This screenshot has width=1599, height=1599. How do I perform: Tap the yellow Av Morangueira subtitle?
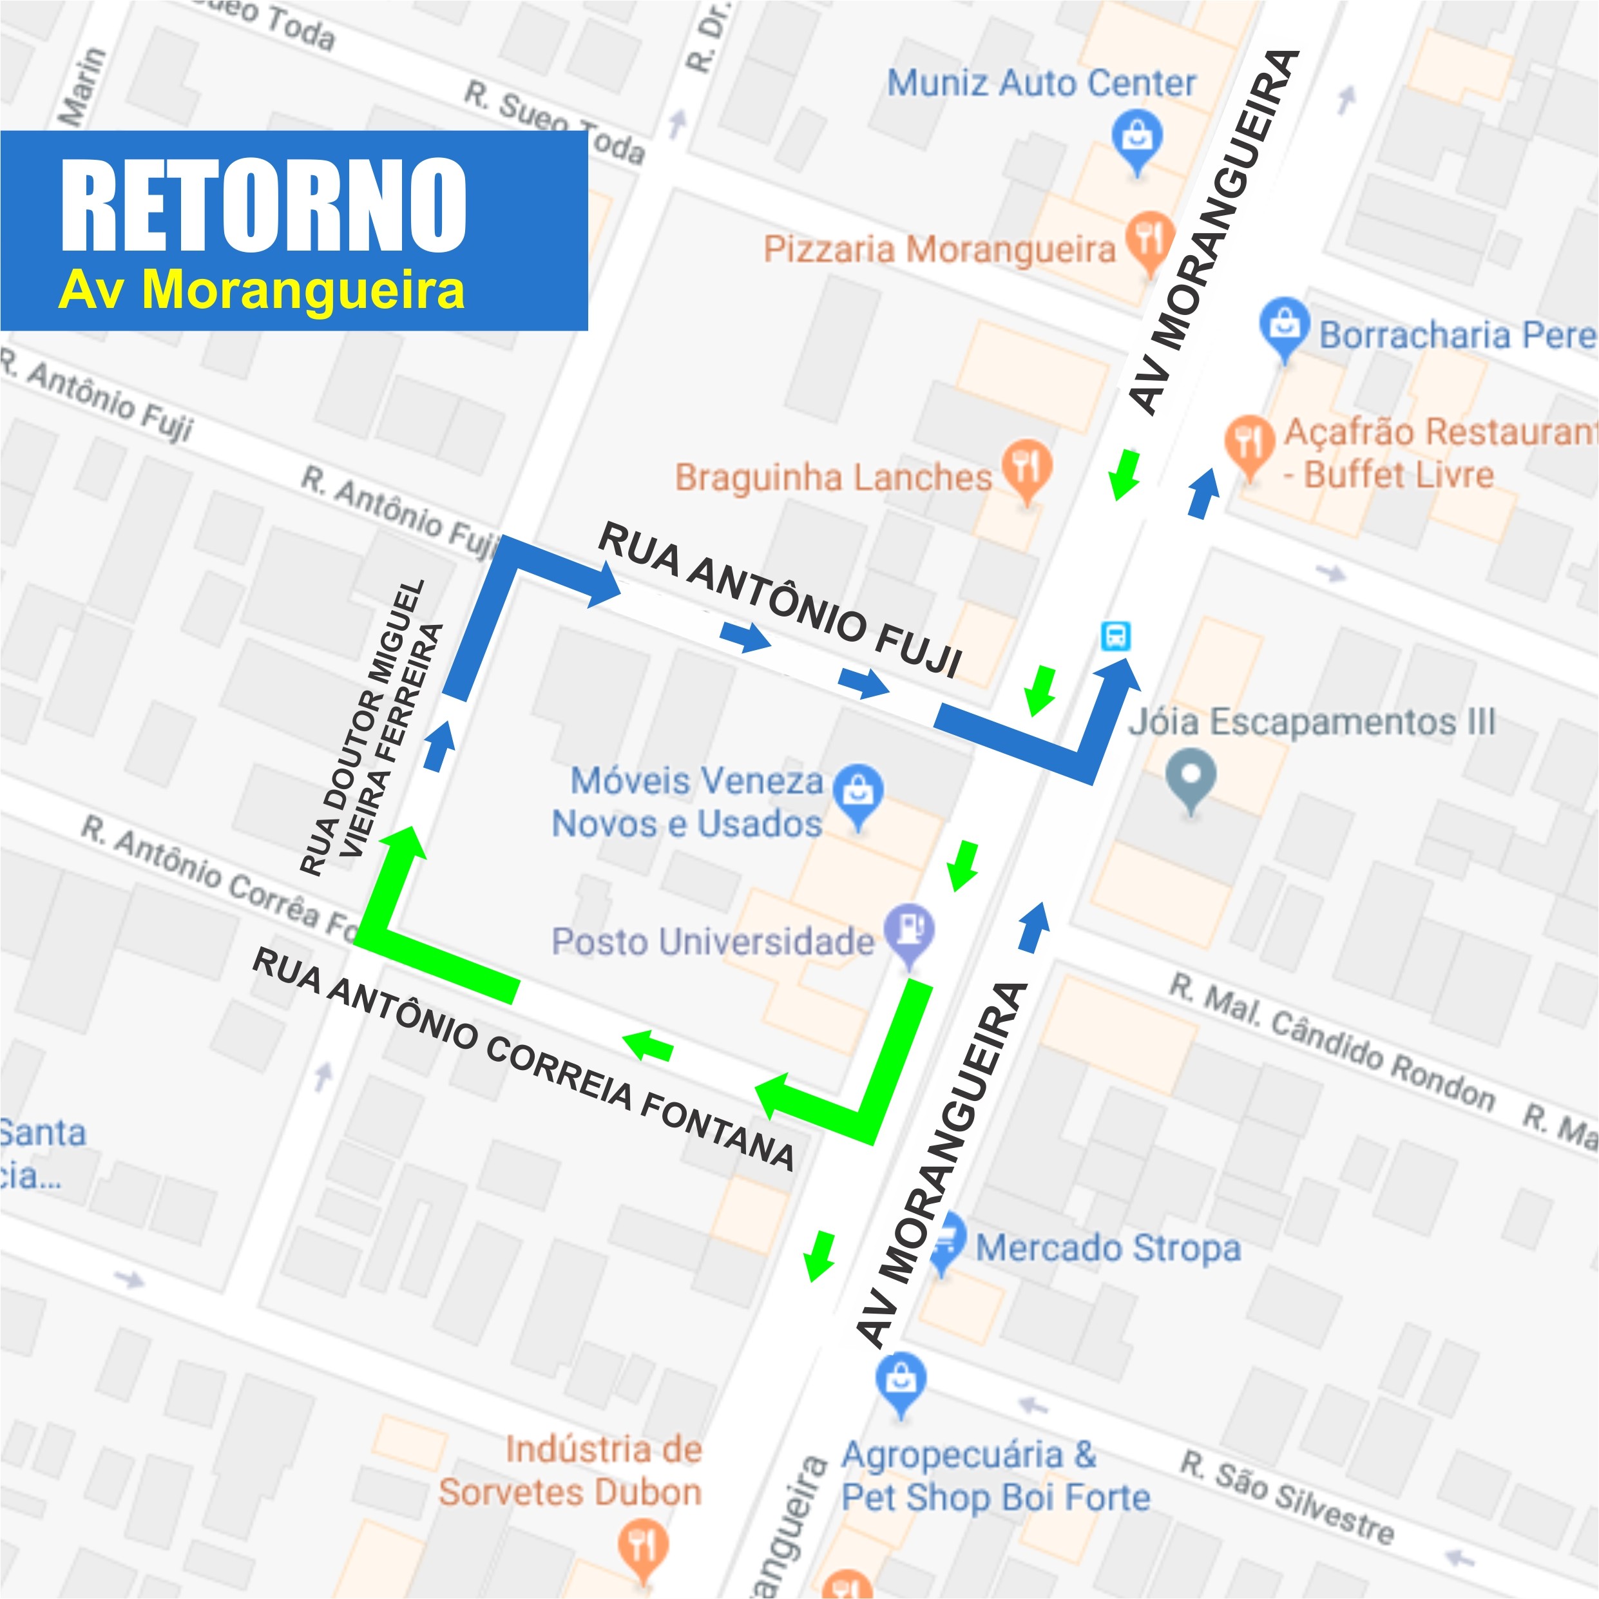click(x=262, y=290)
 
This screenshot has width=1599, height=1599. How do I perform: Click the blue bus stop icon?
click(x=1116, y=636)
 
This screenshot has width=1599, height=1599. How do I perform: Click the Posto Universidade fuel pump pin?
click(x=910, y=933)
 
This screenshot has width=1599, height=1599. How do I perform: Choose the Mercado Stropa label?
click(x=1107, y=1247)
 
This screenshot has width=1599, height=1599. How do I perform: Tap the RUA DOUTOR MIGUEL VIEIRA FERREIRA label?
click(x=372, y=729)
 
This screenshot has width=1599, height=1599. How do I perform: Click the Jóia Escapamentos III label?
click(x=1312, y=722)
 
